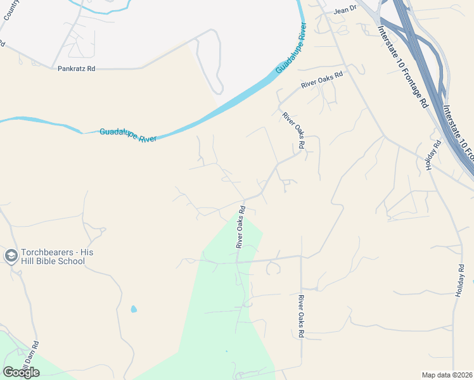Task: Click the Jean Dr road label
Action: click(x=346, y=10)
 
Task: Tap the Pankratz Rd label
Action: click(x=76, y=68)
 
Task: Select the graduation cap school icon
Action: click(x=11, y=256)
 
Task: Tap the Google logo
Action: click(x=22, y=372)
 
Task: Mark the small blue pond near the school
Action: click(x=133, y=309)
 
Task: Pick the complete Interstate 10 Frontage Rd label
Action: click(x=403, y=66)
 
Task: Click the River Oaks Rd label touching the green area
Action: click(x=240, y=226)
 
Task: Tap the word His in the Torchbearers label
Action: click(x=87, y=252)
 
